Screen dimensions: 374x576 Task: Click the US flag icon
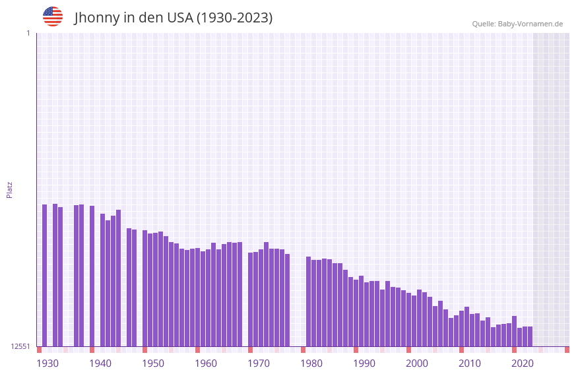(x=53, y=16)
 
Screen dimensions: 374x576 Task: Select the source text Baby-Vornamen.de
(x=530, y=24)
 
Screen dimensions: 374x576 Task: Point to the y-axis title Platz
(x=9, y=189)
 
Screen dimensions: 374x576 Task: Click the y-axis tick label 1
(x=28, y=33)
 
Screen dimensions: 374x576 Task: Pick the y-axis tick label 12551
(x=20, y=346)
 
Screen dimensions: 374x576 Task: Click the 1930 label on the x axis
(x=48, y=363)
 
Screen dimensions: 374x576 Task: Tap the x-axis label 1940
(x=100, y=363)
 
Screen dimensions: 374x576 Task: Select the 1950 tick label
(x=153, y=363)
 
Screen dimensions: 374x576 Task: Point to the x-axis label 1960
(x=206, y=363)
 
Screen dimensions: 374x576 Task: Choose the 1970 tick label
(x=259, y=363)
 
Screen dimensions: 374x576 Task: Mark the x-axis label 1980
(x=311, y=363)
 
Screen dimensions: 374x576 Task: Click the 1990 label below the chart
(x=364, y=363)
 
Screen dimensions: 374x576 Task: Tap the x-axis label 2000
(x=417, y=363)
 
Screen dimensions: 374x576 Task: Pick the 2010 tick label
(x=470, y=363)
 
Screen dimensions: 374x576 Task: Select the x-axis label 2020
(x=523, y=363)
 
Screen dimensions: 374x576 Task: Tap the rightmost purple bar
(x=530, y=336)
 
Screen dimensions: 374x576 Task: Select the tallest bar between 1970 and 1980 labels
(x=266, y=294)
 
